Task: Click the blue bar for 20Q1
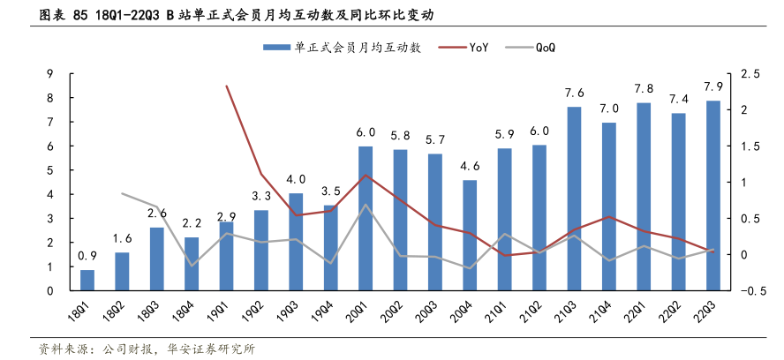(x=365, y=218)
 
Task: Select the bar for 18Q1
(x=87, y=280)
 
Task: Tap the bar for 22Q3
(x=712, y=195)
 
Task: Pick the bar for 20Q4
(x=469, y=235)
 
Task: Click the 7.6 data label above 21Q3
(x=574, y=94)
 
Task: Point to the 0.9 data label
(x=87, y=256)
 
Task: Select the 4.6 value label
(x=470, y=166)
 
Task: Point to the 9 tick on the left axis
(x=49, y=74)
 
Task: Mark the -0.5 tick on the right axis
(x=739, y=291)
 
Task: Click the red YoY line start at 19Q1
(x=226, y=86)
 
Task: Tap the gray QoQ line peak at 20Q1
(x=365, y=205)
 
